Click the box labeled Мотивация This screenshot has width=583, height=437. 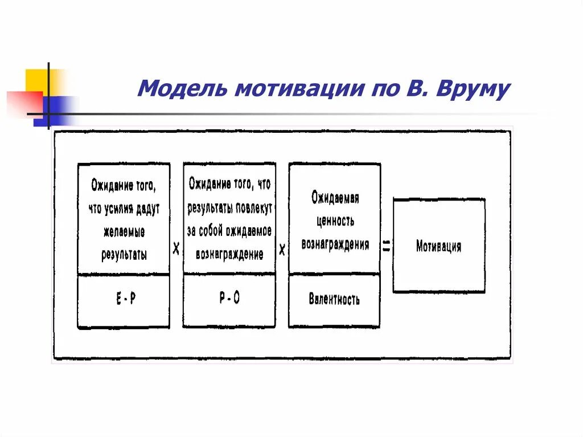(x=438, y=246)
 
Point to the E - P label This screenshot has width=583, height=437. (x=125, y=299)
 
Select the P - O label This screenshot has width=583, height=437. (x=229, y=299)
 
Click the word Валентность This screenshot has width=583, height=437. (x=334, y=299)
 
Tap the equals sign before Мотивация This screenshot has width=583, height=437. (x=387, y=246)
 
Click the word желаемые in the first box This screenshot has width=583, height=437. (x=124, y=232)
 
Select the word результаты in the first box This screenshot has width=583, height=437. (x=124, y=254)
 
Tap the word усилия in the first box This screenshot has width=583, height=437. (x=118, y=209)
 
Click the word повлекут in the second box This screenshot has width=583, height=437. (x=252, y=207)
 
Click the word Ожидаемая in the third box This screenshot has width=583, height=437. (x=335, y=198)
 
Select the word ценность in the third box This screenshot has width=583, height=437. (x=335, y=220)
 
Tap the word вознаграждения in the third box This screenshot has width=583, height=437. (x=335, y=244)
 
